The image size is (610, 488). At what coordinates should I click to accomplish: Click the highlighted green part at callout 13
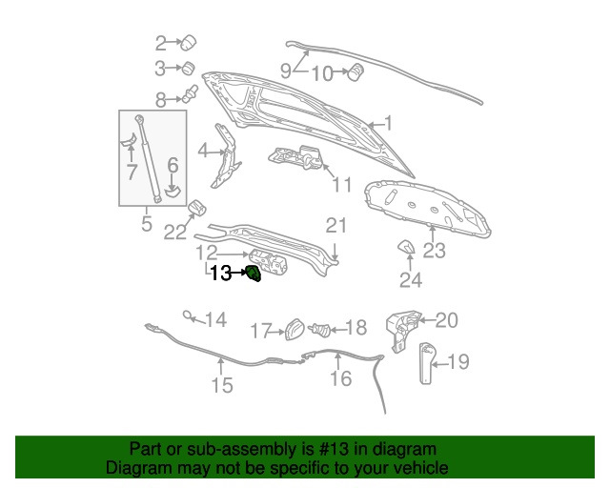(254, 274)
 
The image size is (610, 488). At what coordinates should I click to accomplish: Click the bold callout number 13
(220, 274)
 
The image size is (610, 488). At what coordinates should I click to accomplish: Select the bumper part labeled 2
(189, 43)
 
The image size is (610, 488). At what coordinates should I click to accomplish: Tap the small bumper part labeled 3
(189, 68)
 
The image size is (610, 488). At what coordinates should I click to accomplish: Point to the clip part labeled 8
(191, 94)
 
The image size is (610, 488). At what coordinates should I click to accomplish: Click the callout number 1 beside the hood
(388, 123)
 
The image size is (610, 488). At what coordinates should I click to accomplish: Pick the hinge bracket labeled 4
(226, 155)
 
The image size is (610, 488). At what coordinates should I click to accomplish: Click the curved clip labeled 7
(129, 140)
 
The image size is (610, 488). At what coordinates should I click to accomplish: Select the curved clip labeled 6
(173, 191)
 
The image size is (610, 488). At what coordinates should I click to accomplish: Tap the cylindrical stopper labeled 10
(356, 71)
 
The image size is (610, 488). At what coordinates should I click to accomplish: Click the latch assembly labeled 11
(296, 157)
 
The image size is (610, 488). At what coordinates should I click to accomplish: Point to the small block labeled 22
(197, 208)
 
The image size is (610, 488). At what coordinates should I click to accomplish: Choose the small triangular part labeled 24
(406, 247)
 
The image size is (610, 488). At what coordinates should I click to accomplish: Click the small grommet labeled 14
(188, 315)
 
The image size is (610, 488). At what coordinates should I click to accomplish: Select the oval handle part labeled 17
(295, 330)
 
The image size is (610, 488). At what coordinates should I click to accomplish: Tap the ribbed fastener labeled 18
(320, 330)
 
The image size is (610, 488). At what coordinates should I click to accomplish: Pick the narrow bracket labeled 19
(426, 363)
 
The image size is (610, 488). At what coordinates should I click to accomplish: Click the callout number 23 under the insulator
(434, 251)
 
